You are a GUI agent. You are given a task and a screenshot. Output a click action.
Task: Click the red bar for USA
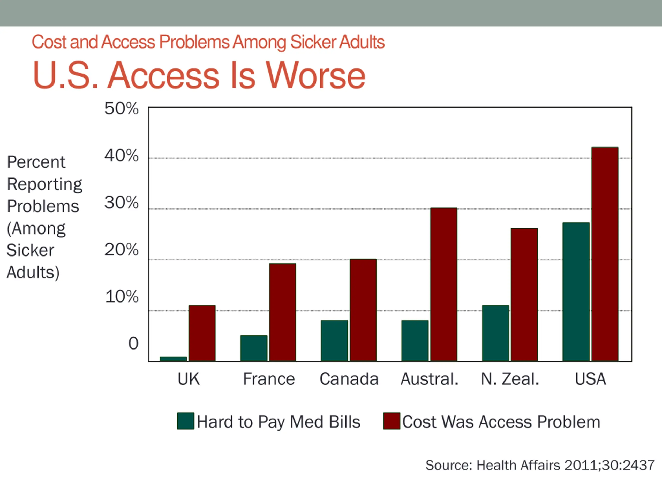605,254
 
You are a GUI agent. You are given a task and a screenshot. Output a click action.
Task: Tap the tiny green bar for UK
173,359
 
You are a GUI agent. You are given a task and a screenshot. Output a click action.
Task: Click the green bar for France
254,348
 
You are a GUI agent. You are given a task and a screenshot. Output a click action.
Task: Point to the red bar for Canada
363,310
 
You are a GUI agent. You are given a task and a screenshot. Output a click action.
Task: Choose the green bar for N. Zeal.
495,333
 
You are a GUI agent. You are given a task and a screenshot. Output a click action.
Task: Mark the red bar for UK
202,333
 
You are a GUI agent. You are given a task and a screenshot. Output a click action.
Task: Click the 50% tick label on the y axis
121,109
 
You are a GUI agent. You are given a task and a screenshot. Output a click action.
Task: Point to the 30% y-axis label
121,203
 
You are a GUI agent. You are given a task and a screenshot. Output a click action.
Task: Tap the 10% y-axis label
122,297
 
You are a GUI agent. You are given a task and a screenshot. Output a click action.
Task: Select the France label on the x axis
269,379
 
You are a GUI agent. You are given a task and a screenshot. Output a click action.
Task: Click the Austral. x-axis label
430,379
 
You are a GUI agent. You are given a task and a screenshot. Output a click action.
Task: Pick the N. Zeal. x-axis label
510,379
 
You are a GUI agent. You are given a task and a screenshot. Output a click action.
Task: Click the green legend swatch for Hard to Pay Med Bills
186,421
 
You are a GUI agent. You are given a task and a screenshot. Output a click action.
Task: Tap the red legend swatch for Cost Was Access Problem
392,421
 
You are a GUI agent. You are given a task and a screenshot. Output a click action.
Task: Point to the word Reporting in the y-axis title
44,184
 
